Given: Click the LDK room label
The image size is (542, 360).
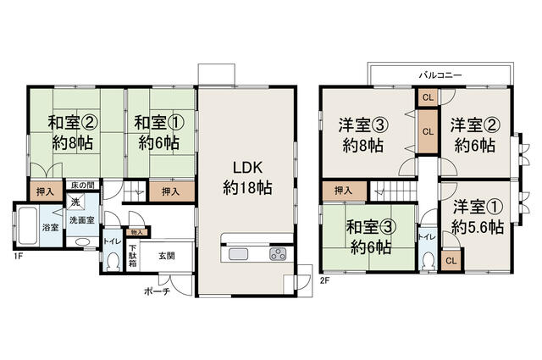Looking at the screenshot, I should [x=247, y=167].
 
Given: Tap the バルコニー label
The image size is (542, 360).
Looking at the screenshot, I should [x=440, y=75].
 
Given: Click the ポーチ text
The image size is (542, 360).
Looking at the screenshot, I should [x=158, y=291].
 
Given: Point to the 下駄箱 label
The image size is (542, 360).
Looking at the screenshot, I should [x=132, y=256].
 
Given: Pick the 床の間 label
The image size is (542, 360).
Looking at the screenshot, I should [x=82, y=184].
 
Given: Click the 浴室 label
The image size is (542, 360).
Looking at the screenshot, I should [x=51, y=227].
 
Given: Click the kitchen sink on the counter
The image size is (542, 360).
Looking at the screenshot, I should [x=237, y=254].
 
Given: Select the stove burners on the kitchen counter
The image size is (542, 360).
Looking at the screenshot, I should [x=278, y=254].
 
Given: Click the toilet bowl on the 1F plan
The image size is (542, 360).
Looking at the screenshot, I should [x=112, y=262].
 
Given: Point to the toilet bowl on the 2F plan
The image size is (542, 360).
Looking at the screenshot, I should [x=428, y=260].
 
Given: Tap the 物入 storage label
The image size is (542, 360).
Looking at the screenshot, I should [x=137, y=231].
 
